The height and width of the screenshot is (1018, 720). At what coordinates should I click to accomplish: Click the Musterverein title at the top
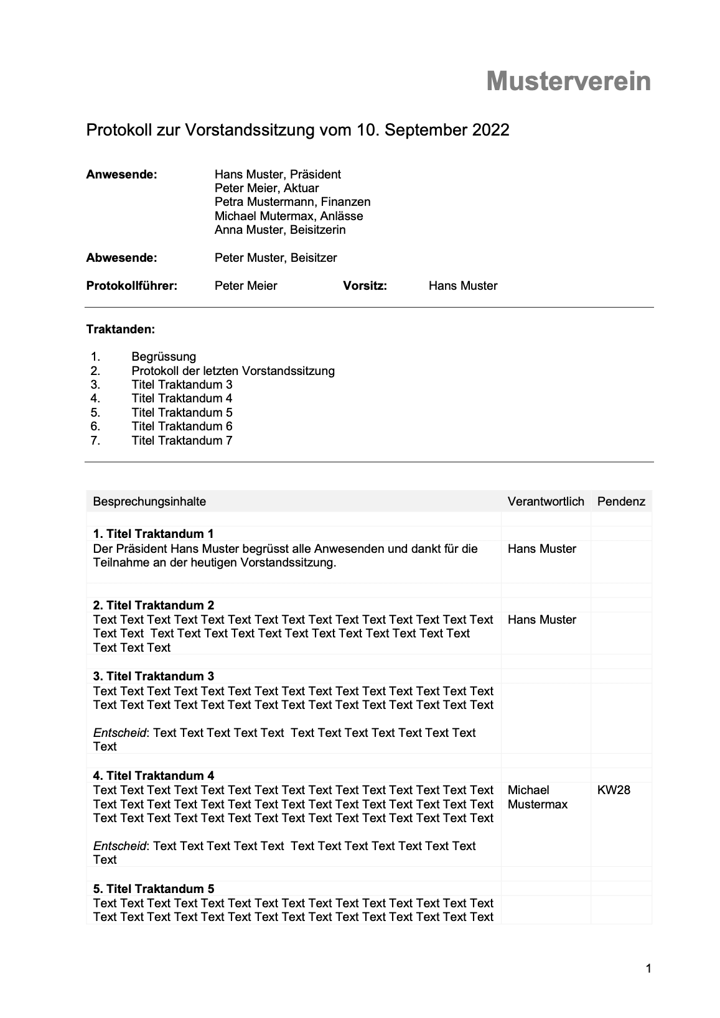click(568, 81)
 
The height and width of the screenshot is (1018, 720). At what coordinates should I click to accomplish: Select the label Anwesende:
click(121, 174)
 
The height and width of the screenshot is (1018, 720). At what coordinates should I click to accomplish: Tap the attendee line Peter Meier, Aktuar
click(266, 188)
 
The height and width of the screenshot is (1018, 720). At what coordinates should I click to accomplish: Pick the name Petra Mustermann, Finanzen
click(292, 202)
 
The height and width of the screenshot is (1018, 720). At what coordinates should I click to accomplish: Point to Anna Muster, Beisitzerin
click(279, 230)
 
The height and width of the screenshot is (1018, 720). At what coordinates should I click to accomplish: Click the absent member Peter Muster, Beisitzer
click(275, 257)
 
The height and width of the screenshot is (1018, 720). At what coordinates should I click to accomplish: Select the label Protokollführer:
click(131, 285)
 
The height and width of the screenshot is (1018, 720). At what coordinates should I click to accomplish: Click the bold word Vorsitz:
click(365, 285)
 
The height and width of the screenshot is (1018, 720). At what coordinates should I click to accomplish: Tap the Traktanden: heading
click(120, 329)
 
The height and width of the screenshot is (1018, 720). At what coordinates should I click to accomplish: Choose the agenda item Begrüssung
click(164, 357)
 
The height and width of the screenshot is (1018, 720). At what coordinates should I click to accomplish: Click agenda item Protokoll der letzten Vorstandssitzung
click(233, 371)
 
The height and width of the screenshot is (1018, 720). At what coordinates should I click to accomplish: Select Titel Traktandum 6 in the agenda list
click(182, 427)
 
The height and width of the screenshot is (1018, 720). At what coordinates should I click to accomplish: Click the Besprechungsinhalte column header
click(149, 501)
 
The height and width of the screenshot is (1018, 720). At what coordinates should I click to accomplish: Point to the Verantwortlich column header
click(546, 501)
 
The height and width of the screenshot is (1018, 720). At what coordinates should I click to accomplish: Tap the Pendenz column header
click(621, 501)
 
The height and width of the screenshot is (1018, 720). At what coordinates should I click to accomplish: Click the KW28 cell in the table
click(614, 790)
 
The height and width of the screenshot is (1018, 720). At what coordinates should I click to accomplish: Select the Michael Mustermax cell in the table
click(538, 797)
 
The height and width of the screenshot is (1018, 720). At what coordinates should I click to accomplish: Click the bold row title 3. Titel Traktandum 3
click(153, 676)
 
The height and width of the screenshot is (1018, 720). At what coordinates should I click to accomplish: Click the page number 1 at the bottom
click(648, 968)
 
